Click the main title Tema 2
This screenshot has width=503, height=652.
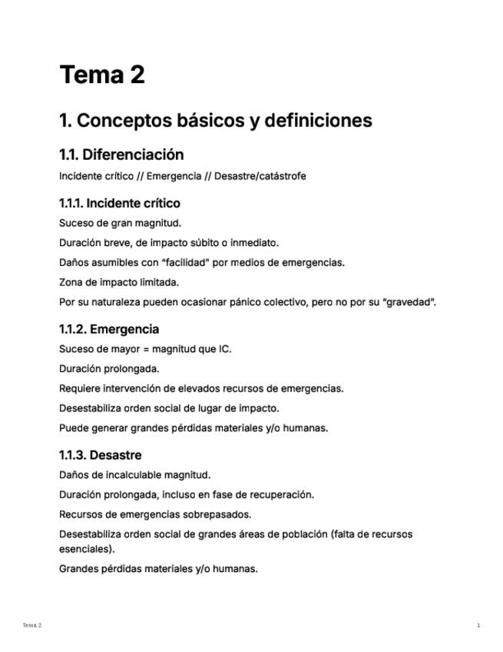point(102,75)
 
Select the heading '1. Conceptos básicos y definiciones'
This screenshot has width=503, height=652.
point(215,121)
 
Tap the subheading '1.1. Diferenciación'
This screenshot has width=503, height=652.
point(121,155)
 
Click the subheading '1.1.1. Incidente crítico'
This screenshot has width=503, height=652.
point(119,204)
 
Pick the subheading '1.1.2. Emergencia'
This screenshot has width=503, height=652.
point(109,329)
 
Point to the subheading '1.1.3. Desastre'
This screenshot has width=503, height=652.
point(100,455)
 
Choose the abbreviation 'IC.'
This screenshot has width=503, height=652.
point(224,349)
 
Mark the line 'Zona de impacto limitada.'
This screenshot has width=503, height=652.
point(119,282)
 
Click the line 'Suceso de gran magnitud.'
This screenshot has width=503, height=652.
point(120,223)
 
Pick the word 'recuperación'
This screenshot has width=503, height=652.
point(280,494)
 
